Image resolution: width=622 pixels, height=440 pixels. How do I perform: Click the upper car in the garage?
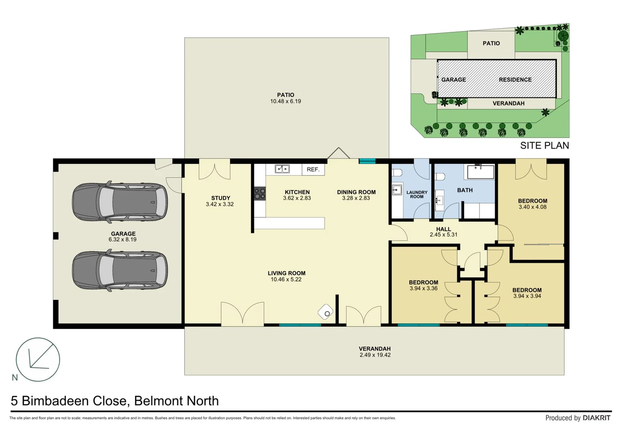click(x=120, y=202)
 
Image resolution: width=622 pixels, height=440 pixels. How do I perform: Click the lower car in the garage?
click(x=120, y=271)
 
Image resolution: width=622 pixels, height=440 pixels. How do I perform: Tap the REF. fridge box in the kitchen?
click(x=313, y=169)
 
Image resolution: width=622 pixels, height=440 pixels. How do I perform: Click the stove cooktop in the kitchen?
click(x=260, y=194)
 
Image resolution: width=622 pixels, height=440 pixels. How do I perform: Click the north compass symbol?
click(x=38, y=359)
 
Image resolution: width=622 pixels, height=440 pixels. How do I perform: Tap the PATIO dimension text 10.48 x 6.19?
click(x=286, y=101)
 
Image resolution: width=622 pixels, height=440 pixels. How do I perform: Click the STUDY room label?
click(x=220, y=198)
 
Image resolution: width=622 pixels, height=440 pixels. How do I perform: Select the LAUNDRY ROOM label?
click(x=417, y=194)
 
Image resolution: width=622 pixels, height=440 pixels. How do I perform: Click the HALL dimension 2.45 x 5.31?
click(x=443, y=235)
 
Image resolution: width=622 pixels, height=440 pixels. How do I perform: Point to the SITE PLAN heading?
click(x=544, y=145)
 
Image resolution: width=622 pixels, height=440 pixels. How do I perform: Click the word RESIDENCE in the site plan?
click(x=515, y=80)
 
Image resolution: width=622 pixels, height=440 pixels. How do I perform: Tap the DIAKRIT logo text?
click(x=596, y=418)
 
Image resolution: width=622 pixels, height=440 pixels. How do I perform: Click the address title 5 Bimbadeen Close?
click(x=114, y=401)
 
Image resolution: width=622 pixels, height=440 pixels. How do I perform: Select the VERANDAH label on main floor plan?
click(x=374, y=349)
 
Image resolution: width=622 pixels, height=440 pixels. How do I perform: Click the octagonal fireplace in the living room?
click(x=325, y=312)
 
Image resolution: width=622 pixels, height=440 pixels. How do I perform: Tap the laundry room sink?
click(x=397, y=190)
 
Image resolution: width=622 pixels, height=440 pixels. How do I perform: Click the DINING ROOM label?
click(x=356, y=192)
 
